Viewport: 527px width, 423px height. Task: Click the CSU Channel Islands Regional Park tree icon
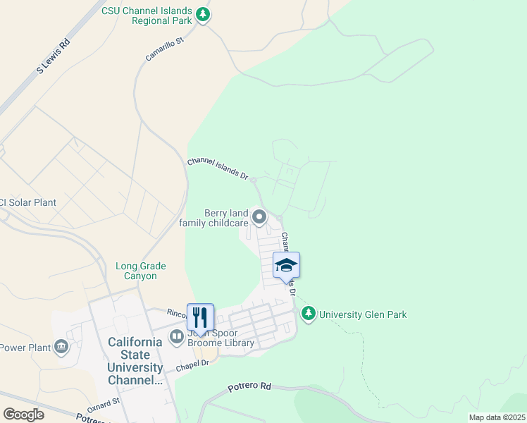tap(203, 15)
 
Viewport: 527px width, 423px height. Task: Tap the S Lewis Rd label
tap(54, 56)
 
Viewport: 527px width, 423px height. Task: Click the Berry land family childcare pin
tap(259, 218)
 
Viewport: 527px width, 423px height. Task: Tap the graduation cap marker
tap(286, 266)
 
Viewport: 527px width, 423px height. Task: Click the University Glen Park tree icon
tap(308, 314)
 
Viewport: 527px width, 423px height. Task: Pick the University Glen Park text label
tap(363, 314)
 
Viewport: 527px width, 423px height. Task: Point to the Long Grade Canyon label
tap(141, 271)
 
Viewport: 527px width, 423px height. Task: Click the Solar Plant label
tap(28, 202)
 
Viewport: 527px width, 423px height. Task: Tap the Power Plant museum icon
tap(61, 347)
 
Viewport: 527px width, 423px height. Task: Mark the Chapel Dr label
tap(193, 364)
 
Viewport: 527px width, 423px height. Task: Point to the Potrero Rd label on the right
tap(249, 386)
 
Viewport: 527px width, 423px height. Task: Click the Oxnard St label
tap(104, 405)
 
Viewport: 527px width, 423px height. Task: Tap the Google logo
tap(23, 414)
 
